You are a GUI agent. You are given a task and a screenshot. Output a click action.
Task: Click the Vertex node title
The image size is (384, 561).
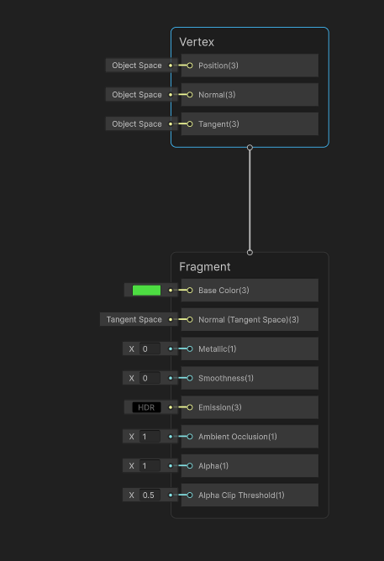click(197, 42)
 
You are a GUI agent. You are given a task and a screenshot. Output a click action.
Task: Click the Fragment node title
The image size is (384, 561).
click(204, 267)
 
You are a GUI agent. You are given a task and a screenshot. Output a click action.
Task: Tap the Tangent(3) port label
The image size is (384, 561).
click(218, 124)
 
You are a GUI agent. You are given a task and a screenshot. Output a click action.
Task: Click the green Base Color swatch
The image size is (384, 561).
click(146, 291)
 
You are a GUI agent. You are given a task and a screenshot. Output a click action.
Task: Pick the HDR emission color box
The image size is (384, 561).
click(146, 407)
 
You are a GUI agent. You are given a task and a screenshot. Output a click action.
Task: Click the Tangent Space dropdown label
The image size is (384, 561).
click(134, 320)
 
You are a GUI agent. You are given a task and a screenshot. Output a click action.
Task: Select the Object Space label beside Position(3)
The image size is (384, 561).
click(137, 66)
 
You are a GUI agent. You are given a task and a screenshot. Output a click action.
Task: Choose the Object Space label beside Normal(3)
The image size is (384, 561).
click(137, 95)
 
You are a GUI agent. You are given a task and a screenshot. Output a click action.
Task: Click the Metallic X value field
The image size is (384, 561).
click(149, 349)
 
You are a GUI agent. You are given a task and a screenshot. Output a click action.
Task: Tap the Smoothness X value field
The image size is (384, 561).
click(149, 379)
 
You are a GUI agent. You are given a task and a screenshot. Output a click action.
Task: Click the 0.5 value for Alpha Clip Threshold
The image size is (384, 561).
click(149, 495)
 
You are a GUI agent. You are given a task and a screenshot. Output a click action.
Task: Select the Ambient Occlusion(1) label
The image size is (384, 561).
click(238, 437)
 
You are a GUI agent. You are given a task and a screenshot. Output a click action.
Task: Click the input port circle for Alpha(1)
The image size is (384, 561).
click(190, 466)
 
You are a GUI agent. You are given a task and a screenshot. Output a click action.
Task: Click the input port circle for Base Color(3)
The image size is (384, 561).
click(190, 291)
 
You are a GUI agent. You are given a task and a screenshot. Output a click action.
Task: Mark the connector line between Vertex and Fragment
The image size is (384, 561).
click(250, 200)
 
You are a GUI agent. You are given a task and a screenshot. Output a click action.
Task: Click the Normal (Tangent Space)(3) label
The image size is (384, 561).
click(249, 320)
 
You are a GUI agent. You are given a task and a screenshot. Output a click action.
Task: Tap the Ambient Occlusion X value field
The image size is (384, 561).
click(149, 437)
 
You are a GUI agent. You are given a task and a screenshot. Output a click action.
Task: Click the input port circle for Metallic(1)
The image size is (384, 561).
click(190, 349)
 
